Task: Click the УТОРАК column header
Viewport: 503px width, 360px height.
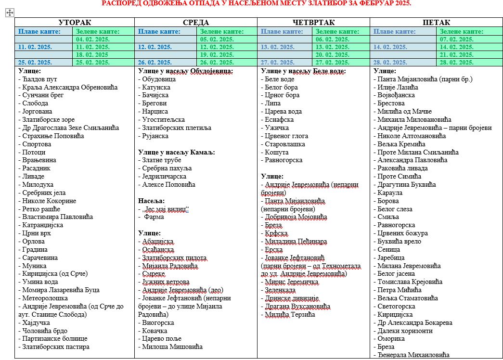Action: [75, 23]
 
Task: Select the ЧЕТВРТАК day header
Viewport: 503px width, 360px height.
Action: [313, 23]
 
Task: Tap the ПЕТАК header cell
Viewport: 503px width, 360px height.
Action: [436, 23]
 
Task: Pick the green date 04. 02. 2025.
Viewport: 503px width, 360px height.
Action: [92, 39]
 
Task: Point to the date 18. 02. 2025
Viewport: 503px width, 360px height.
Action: [92, 54]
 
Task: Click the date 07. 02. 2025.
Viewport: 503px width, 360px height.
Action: [456, 39]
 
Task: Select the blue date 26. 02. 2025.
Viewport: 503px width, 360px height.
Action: [155, 63]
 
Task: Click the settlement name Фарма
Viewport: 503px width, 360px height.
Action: [154, 217]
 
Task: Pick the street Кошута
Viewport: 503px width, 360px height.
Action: [277, 152]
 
